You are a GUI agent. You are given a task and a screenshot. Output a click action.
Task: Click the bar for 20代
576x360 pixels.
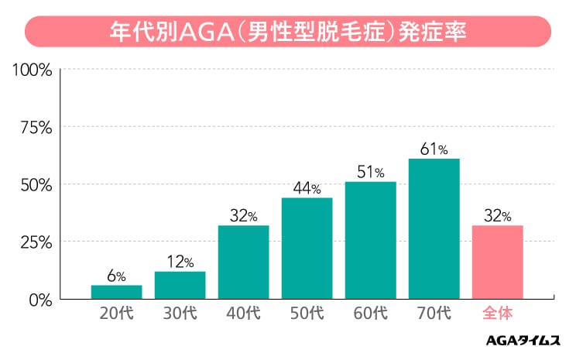117,292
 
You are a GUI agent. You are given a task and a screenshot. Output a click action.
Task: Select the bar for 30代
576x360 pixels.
180,285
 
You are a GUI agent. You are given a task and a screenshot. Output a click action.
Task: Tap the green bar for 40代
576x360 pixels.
244,262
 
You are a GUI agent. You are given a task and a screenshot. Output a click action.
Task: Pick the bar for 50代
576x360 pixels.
307,248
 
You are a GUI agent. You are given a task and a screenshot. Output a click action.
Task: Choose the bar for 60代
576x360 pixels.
371,240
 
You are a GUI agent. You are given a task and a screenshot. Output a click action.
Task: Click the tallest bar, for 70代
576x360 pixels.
434,228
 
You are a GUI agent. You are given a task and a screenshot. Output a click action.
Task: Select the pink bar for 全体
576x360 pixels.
498,262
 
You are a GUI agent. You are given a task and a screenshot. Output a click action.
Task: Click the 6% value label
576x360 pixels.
117,276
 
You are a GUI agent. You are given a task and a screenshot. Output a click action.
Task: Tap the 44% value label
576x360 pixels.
307,188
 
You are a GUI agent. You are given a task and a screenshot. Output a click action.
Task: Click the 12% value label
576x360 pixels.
180,262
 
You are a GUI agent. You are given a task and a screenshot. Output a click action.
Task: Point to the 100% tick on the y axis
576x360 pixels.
33,70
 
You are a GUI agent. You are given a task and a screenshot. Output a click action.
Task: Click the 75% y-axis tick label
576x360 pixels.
36,128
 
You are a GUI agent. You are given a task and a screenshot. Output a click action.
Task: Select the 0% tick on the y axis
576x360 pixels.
40,299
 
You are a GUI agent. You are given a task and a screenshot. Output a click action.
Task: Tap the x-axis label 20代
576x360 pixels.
117,314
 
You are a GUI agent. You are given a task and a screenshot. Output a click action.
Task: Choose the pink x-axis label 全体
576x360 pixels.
498,314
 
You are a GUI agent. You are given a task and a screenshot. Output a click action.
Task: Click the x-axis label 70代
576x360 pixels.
434,314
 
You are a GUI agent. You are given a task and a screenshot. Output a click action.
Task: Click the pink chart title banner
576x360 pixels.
288,33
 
